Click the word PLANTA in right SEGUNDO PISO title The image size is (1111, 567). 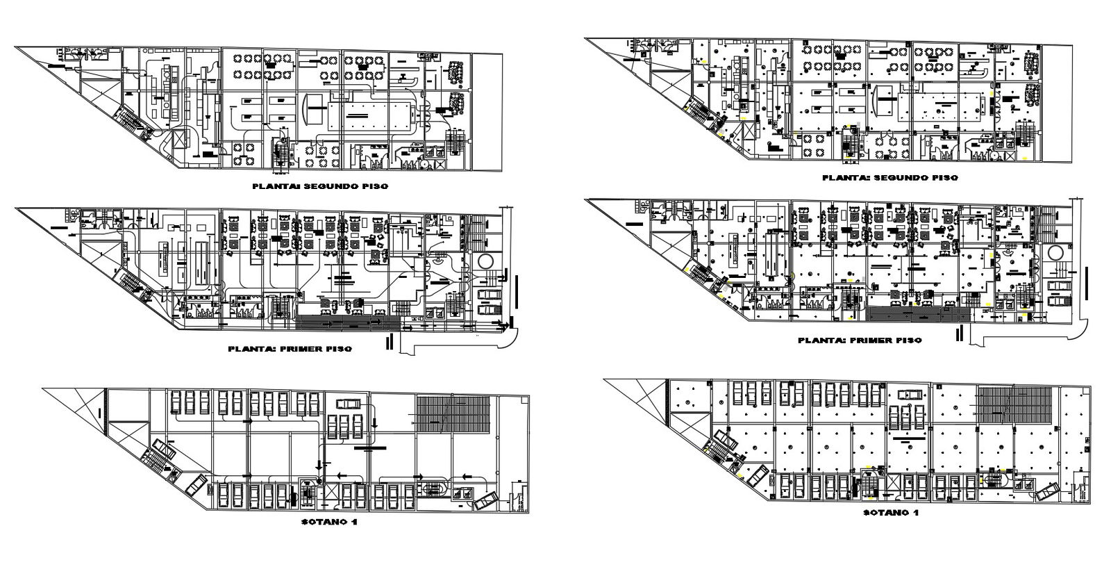pyautogui.click(x=844, y=178)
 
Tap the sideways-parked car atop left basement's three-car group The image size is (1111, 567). pyautogui.click(x=347, y=404)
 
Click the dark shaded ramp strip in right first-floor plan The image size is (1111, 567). pyautogui.click(x=918, y=316)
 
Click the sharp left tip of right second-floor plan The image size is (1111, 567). pyautogui.click(x=587, y=40)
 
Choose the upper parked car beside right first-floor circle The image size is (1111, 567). pyautogui.click(x=1058, y=286)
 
